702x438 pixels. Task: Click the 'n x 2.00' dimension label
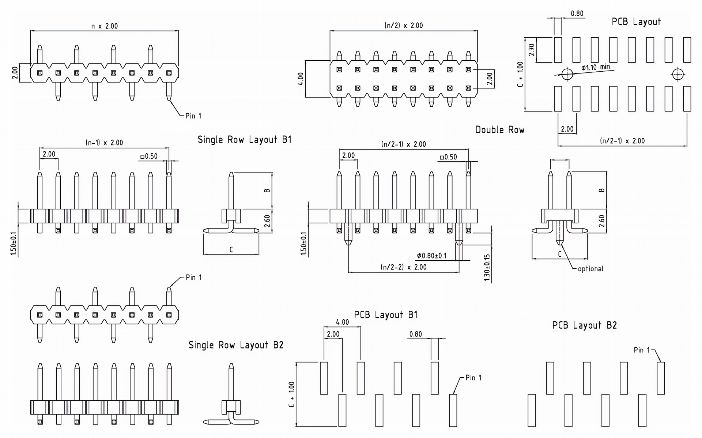click(x=104, y=26)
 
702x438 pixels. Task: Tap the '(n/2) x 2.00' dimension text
click(x=404, y=26)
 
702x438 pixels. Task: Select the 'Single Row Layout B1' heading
click(x=244, y=140)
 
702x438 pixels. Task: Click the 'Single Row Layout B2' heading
click(x=236, y=345)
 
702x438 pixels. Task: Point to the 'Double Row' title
click(x=500, y=130)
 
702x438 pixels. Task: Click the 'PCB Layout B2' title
click(x=584, y=325)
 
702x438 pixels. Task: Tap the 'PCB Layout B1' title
click(x=385, y=315)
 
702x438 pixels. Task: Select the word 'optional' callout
click(x=590, y=269)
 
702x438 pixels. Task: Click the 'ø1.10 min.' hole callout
click(x=596, y=68)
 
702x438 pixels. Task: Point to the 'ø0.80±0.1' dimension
click(x=432, y=256)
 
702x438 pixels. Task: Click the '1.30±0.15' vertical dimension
click(x=487, y=268)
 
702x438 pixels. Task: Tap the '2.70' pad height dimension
click(x=532, y=50)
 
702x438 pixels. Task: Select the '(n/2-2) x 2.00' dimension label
click(x=404, y=267)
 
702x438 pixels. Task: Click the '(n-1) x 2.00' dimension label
click(x=104, y=143)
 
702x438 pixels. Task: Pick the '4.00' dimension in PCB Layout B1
click(x=342, y=322)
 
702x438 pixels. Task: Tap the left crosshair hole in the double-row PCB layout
click(x=567, y=74)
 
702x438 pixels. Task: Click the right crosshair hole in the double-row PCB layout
click(x=678, y=74)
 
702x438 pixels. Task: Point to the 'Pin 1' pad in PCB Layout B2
click(x=661, y=378)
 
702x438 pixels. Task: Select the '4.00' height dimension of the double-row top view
click(x=301, y=79)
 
